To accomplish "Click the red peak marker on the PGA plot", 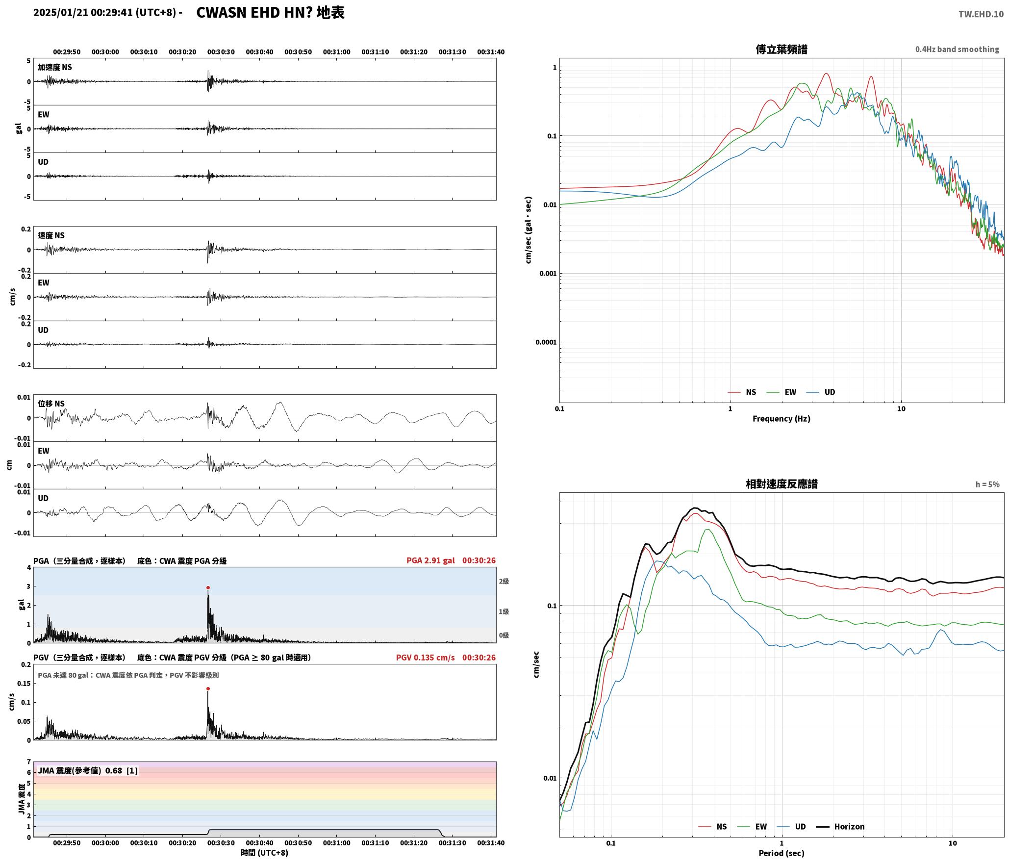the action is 208,587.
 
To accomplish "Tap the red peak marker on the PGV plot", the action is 208,689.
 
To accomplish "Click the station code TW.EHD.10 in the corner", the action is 981,14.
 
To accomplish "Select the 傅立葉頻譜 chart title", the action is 782,49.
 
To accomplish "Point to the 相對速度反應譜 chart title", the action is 782,484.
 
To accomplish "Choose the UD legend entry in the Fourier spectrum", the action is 821,392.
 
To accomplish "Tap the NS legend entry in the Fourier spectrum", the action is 742,392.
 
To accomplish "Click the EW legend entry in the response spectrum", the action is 752,827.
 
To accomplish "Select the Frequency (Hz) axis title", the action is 782,419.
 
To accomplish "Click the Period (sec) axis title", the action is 782,853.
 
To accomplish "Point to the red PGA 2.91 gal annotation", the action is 430,560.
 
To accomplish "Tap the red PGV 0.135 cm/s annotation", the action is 426,658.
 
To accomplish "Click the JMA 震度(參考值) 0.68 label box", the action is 88,771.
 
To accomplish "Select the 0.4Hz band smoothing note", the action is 957,50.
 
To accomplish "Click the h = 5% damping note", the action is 987,484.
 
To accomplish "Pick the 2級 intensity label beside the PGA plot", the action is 504,581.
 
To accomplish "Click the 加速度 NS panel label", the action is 55,67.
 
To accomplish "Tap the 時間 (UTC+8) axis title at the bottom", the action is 264,853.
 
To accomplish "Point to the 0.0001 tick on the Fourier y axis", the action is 546,342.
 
